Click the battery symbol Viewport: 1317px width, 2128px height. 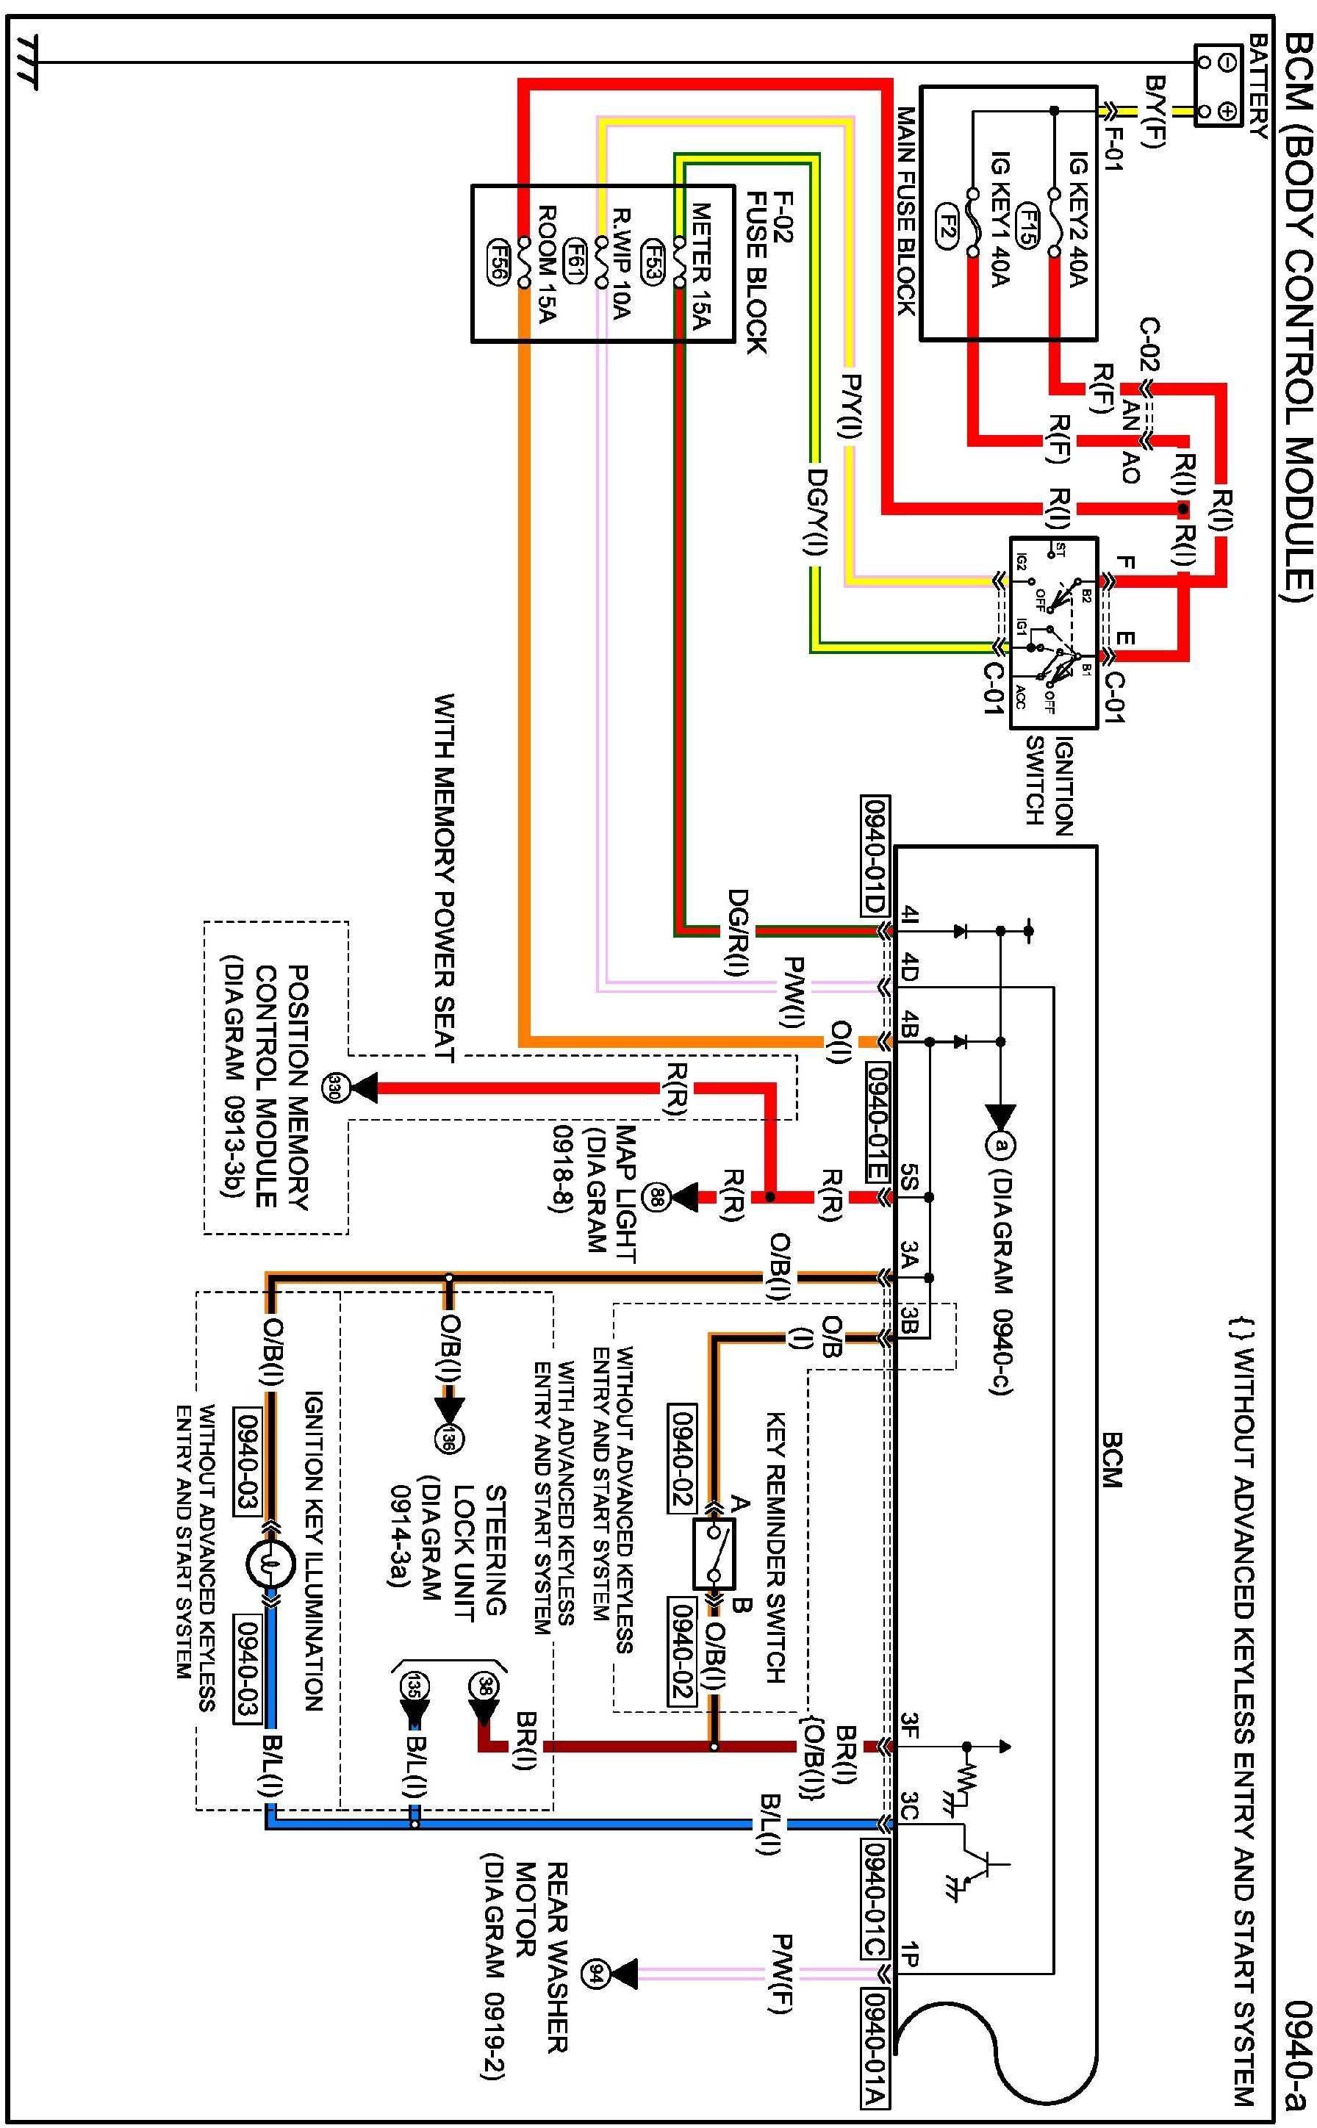coord(1217,86)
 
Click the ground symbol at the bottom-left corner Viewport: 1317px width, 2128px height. coord(26,62)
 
